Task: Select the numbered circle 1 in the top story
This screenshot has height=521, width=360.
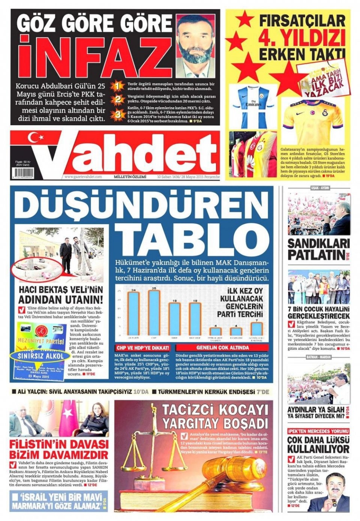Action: (118, 86)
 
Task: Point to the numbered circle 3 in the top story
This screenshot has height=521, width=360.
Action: (118, 114)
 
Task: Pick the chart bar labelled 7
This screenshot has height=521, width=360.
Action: (257, 329)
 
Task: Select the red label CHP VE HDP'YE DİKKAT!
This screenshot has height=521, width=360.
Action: (143, 348)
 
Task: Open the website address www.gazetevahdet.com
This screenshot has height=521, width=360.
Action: (83, 177)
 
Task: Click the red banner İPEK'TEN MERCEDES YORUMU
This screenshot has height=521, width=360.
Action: (318, 431)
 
